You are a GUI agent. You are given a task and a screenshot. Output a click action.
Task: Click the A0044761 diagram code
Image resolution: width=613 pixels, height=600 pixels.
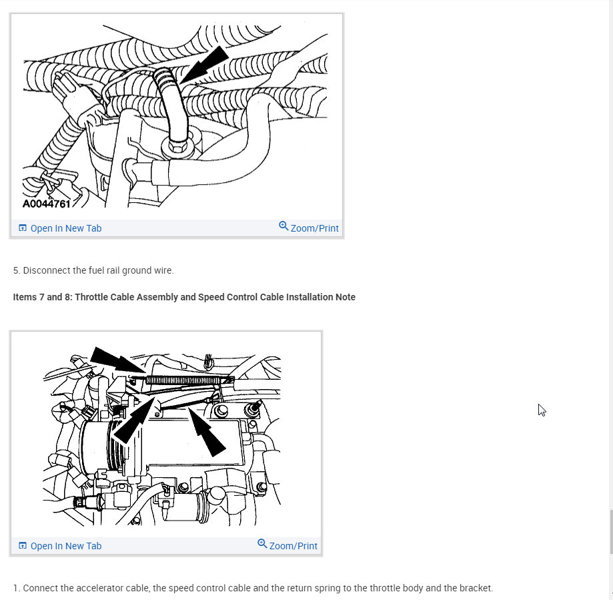coord(46,204)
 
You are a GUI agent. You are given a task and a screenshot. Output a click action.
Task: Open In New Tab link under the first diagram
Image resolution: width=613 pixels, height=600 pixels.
coord(60,228)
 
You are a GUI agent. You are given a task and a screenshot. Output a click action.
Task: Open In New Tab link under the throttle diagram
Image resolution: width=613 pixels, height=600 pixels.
coord(60,546)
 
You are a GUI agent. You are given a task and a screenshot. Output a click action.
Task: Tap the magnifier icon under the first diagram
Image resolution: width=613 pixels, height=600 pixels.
coord(283,226)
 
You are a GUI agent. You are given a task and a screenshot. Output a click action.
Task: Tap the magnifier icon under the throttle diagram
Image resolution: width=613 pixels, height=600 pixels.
coord(262,544)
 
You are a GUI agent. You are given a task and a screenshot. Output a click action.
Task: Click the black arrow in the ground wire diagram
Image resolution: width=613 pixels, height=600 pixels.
coord(205,65)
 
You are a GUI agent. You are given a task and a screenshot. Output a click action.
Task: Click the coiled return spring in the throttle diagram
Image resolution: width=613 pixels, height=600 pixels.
coord(190,380)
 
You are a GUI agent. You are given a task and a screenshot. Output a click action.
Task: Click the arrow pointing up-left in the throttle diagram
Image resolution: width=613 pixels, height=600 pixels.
coord(206,432)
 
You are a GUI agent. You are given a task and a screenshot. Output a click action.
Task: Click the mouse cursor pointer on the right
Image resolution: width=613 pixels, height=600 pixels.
coord(541,410)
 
